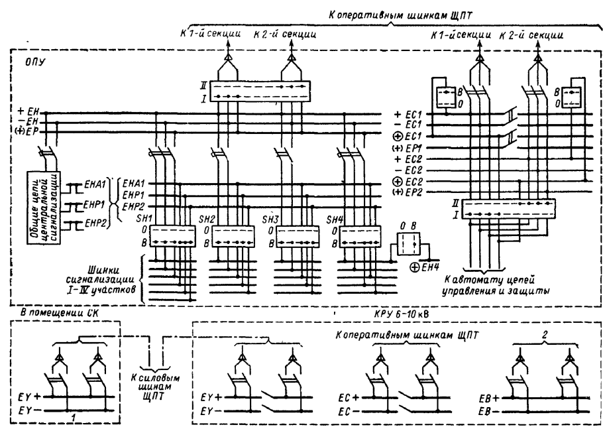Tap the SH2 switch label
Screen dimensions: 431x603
tap(208, 219)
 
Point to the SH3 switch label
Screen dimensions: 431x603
tap(270, 219)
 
